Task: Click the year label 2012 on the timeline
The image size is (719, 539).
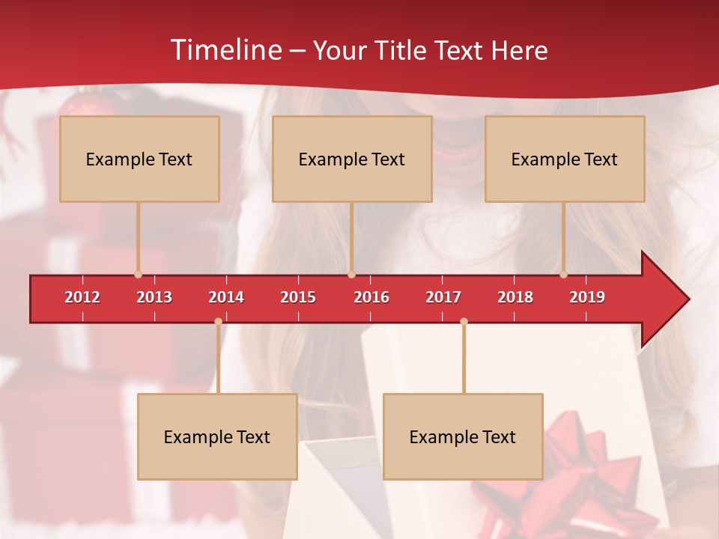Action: pos(82,297)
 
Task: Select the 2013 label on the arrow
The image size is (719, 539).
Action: pos(154,297)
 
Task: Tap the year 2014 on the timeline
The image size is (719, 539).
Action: pos(226,297)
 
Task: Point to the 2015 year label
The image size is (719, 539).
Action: pos(298,297)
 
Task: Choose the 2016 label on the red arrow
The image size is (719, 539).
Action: pos(371,297)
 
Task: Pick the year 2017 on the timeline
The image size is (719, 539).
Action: pos(443,297)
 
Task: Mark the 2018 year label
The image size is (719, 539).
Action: pos(515,297)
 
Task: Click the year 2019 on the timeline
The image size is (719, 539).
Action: pos(587,297)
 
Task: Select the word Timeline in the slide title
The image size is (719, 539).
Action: pos(225,50)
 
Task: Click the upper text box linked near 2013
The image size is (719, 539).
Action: pos(139,159)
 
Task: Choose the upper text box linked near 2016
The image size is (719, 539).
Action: pos(352,159)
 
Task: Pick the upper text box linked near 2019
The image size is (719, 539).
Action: pos(565,159)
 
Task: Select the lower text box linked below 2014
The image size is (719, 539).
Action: pos(217,436)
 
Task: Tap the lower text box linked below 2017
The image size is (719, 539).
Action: pos(463,436)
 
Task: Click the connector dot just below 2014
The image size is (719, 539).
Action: pos(218,321)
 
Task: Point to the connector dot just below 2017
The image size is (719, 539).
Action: pos(464,321)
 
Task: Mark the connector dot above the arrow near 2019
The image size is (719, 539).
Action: pos(564,275)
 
